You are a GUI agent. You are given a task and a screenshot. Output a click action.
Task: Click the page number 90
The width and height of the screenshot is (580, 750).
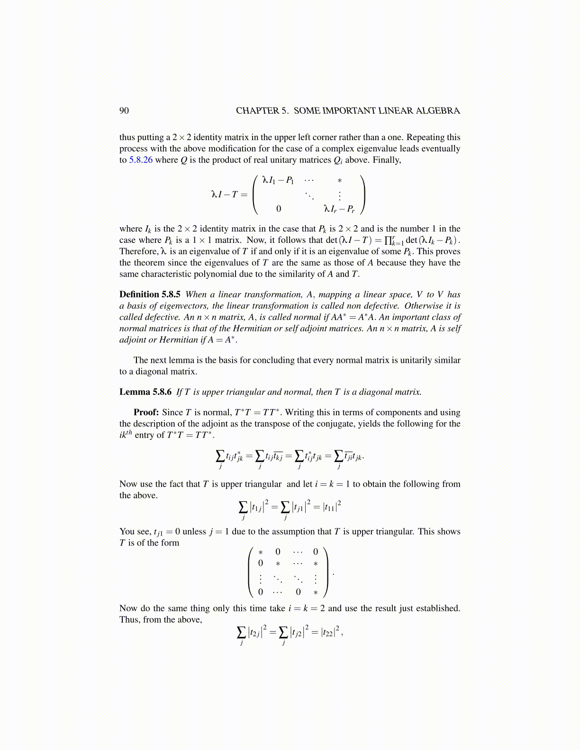[124, 111]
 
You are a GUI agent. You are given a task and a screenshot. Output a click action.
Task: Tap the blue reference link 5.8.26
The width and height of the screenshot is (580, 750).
[141, 160]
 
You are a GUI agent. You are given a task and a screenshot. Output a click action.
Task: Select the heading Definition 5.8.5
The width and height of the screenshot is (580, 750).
[150, 295]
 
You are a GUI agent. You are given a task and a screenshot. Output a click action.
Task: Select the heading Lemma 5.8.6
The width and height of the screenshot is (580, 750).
[145, 392]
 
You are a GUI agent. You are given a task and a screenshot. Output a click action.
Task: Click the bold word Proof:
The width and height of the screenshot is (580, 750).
[146, 412]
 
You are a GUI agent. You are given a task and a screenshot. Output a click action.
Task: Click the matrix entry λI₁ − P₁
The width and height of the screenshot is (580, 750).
[278, 180]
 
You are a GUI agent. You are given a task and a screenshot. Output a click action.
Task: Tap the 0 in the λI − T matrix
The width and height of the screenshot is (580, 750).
[279, 208]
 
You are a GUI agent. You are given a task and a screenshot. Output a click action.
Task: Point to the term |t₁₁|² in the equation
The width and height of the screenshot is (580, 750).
[332, 507]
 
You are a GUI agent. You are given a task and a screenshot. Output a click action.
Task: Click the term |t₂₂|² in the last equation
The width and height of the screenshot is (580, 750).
[331, 632]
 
